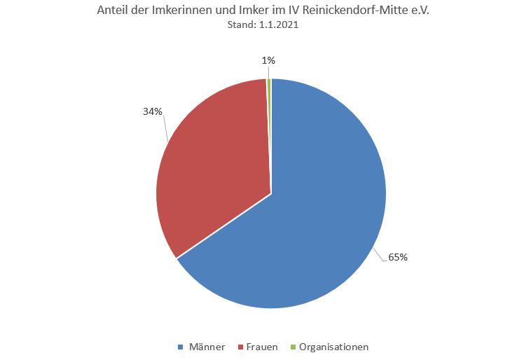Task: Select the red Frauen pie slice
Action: (210, 168)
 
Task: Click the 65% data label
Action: (398, 257)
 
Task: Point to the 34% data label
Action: (153, 111)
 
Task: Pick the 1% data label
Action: (268, 60)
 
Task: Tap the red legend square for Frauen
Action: (240, 347)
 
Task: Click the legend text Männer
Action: (207, 347)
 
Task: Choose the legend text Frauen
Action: (262, 347)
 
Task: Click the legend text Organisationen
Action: (333, 347)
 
